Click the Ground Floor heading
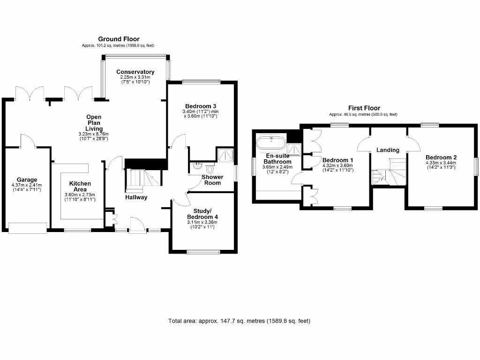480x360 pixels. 119,39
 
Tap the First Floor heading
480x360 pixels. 364,108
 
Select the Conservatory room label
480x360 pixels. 135,72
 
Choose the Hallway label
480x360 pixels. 136,197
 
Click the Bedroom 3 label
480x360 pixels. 200,106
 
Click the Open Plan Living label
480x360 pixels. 93,123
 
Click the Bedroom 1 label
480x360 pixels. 337,160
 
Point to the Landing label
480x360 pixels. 388,150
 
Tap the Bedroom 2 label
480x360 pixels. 441,157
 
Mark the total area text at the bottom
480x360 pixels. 239,321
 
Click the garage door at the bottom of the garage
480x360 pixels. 28,228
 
